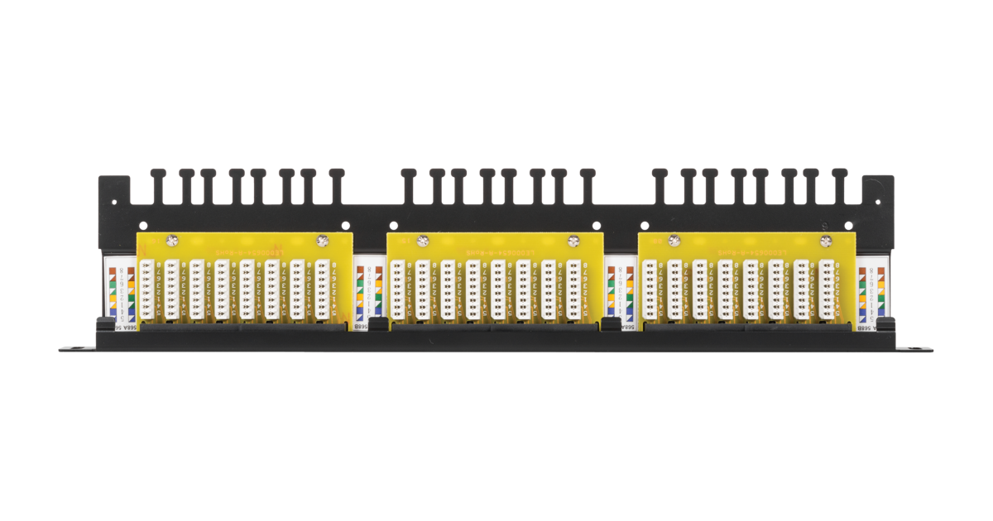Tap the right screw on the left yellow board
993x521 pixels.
pyautogui.click(x=322, y=241)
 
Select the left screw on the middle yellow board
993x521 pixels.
pyautogui.click(x=422, y=241)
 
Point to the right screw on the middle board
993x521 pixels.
pyautogui.click(x=573, y=241)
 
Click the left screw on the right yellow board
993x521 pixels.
pyautogui.click(x=674, y=241)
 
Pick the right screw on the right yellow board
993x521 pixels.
pyautogui.click(x=824, y=241)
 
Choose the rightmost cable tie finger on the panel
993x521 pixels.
pyautogui.click(x=839, y=185)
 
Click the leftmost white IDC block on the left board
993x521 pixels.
pyautogui.click(x=147, y=289)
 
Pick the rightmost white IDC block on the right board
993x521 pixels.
pyautogui.click(x=826, y=289)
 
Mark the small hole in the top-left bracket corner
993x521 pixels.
pyautogui.click(x=144, y=224)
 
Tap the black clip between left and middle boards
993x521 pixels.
pyautogui.click(x=377, y=323)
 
